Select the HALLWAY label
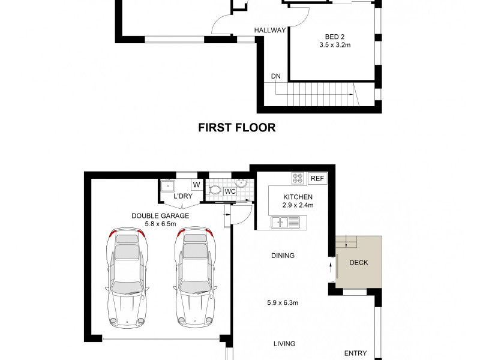270,31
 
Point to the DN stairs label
275,76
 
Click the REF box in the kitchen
316,178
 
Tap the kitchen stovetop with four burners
298,178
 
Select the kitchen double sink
285,223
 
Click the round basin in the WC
242,184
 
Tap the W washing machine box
196,185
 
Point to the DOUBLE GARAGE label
160,215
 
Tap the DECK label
358,262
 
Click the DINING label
283,256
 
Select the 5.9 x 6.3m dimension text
283,303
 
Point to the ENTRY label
355,353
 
